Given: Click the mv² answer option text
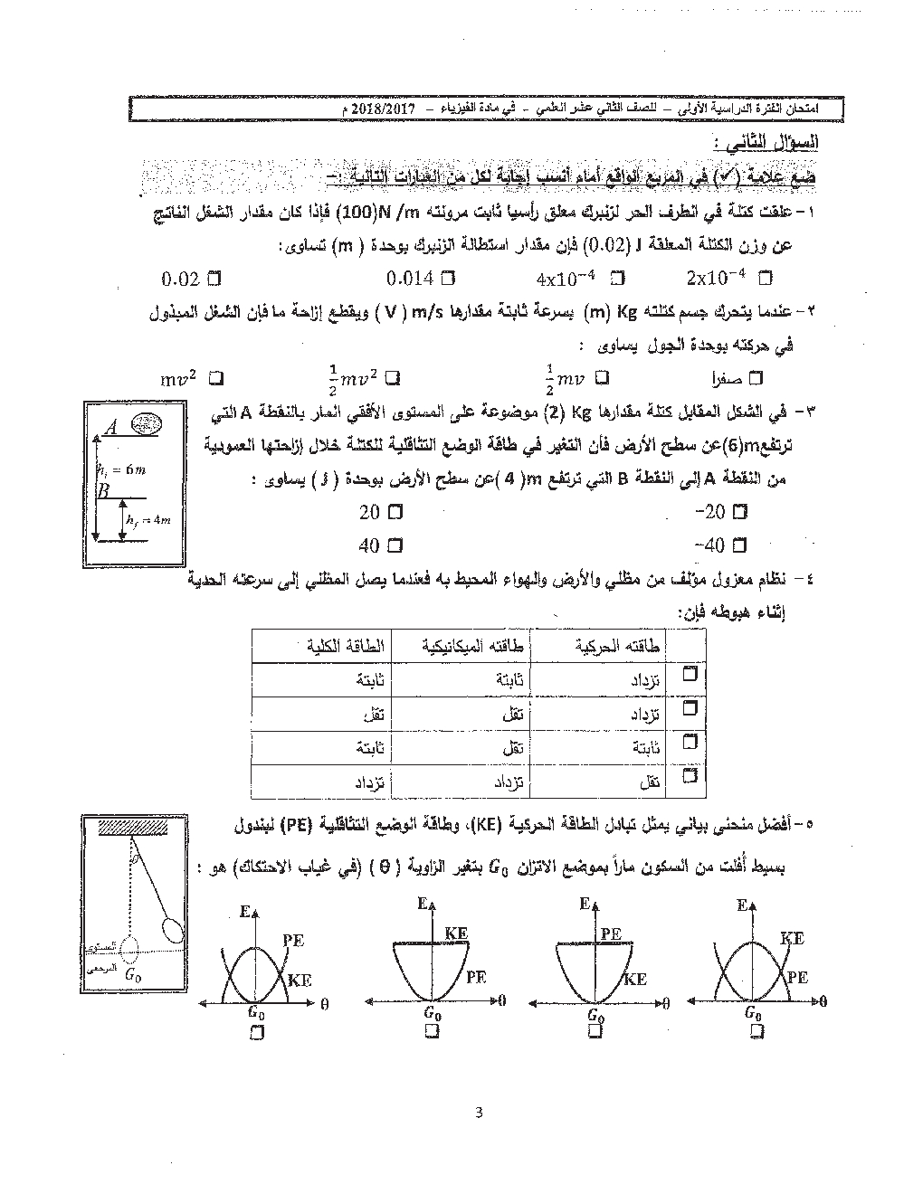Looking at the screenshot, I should click(x=179, y=379).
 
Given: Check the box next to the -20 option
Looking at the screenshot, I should click(x=741, y=512).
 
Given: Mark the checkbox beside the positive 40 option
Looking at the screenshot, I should click(x=395, y=545).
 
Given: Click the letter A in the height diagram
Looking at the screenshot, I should click(x=111, y=428).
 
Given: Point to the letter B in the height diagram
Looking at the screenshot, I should click(x=103, y=491).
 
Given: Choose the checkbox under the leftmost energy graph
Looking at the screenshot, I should click(x=254, y=1031).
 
